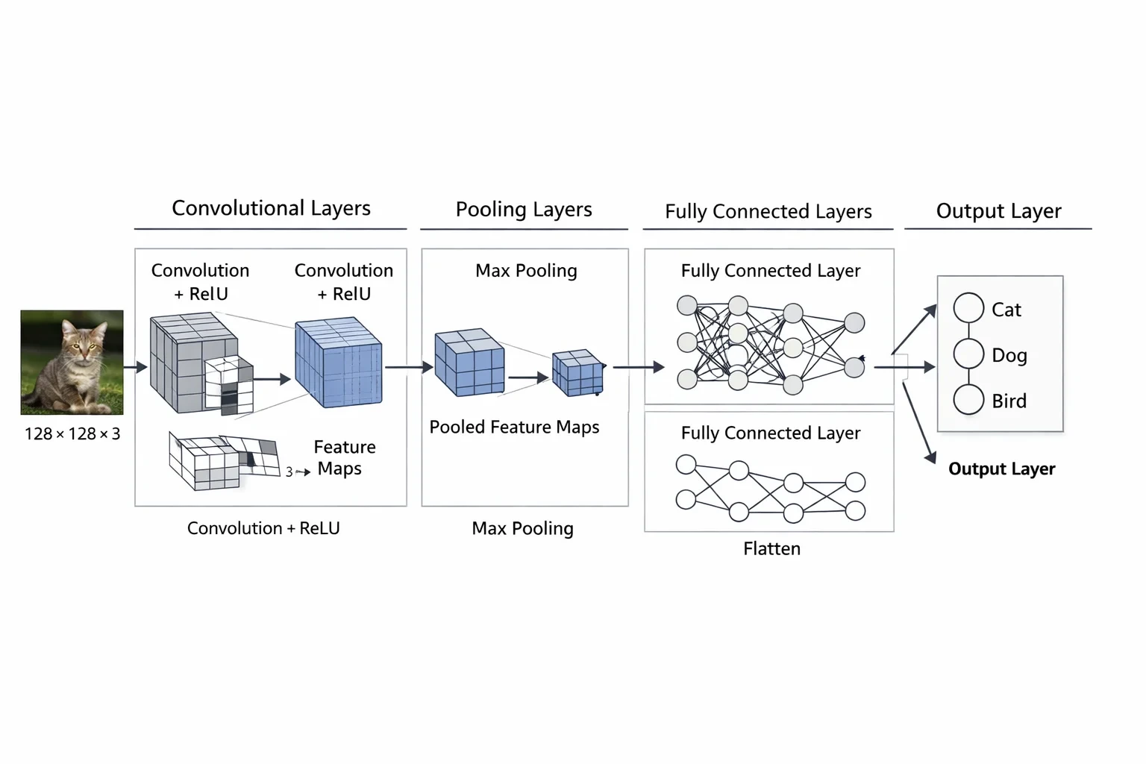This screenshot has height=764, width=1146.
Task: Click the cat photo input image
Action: (72, 363)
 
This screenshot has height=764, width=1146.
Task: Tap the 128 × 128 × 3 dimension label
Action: (72, 434)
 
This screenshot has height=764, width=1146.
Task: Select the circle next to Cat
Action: (968, 308)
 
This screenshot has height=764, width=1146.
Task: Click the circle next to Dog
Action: (968, 354)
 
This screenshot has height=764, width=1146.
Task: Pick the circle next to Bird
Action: (968, 399)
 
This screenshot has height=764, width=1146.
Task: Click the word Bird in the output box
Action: (1009, 401)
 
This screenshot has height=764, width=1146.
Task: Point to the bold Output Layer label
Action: (1002, 469)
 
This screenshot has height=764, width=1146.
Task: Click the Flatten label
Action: (771, 548)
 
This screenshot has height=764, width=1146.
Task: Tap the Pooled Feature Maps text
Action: (514, 427)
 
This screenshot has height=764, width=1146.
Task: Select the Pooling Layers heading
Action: (524, 210)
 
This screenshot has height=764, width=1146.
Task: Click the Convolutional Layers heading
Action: (271, 208)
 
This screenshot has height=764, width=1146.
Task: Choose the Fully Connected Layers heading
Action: (768, 211)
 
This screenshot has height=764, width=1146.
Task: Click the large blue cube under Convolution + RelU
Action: (339, 363)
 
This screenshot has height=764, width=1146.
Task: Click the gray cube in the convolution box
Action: (195, 363)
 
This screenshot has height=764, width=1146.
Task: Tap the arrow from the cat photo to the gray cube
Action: (136, 367)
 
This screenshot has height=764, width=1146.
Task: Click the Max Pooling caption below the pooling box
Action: (522, 528)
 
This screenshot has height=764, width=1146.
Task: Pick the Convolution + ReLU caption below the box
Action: (263, 528)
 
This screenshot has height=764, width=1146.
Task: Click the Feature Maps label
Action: (344, 457)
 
